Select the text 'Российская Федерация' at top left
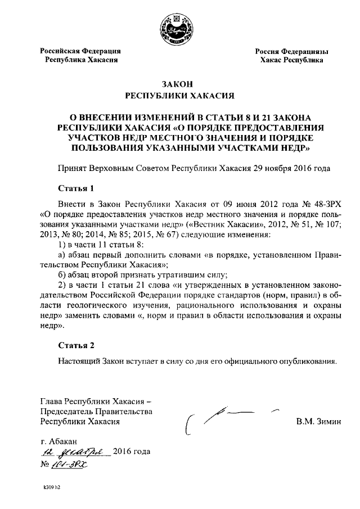tap(80, 51)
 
